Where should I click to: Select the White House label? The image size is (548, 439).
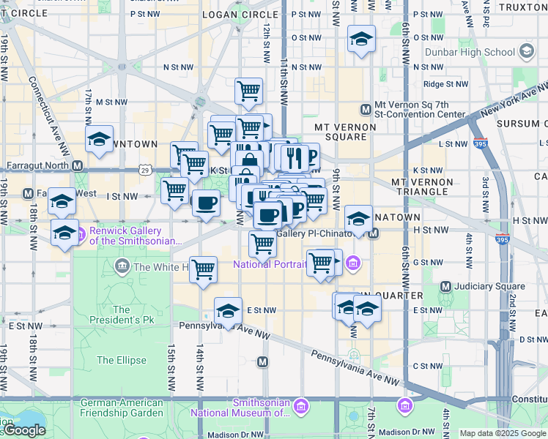point(164,267)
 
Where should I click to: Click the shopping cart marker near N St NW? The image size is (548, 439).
point(248,91)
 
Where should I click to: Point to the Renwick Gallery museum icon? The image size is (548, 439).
point(81,235)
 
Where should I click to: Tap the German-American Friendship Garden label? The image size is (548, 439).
point(122,408)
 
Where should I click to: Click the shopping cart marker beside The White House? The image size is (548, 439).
point(203,269)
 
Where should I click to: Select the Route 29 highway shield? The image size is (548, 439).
point(145,170)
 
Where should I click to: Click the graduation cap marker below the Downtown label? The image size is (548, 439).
point(99,139)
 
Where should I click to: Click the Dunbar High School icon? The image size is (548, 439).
point(527,51)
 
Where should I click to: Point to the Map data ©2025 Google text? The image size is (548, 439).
point(503,433)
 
